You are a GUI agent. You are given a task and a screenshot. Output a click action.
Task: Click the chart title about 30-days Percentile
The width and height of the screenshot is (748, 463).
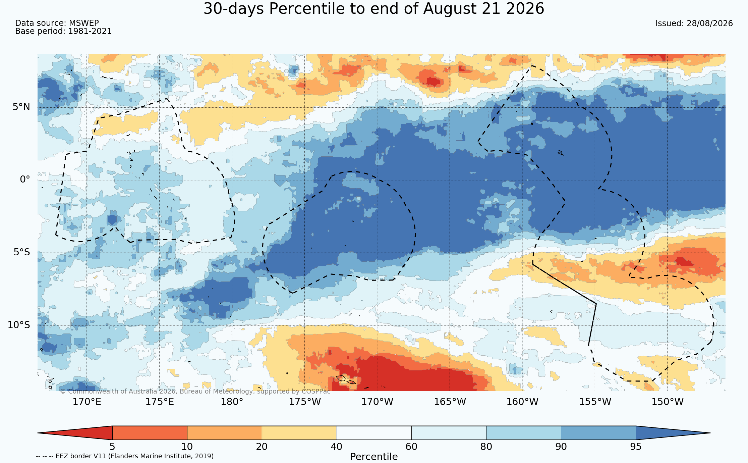[374, 9]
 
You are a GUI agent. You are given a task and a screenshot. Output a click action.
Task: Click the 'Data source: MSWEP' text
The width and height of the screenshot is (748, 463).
[57, 23]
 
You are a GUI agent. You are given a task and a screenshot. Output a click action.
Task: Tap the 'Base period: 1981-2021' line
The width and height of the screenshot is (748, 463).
[63, 31]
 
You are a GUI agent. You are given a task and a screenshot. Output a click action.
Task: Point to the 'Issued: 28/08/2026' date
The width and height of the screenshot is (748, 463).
[694, 23]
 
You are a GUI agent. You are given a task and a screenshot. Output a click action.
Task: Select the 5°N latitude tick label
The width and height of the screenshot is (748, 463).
[21, 107]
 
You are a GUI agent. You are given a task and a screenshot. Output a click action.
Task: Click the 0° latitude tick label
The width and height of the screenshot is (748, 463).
[25, 179]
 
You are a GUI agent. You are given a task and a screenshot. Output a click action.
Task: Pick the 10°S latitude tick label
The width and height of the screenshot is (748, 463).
[19, 325]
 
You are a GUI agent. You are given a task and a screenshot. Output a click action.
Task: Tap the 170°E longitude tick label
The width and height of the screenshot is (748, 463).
[87, 402]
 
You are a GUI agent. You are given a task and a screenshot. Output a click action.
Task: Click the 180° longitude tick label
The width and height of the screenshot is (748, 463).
[232, 402]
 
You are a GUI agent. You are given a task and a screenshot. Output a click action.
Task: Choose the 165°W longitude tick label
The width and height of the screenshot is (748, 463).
[450, 402]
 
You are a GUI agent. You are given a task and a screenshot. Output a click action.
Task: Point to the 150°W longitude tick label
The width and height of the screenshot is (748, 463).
[667, 402]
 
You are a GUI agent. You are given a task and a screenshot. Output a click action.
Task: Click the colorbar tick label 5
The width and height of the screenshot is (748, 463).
[112, 447]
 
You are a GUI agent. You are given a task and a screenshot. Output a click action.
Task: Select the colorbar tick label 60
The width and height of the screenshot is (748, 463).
[411, 447]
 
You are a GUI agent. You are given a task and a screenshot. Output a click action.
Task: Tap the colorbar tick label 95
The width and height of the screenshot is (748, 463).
[636, 447]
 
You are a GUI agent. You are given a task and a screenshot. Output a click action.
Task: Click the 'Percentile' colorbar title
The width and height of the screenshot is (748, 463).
[374, 457]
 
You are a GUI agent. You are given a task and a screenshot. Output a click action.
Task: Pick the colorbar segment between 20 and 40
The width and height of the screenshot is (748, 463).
[299, 433]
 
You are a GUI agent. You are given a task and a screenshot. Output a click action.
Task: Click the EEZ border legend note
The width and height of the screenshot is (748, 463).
[125, 456]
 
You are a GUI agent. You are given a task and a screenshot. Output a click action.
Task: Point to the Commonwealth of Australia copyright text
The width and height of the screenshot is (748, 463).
[195, 392]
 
